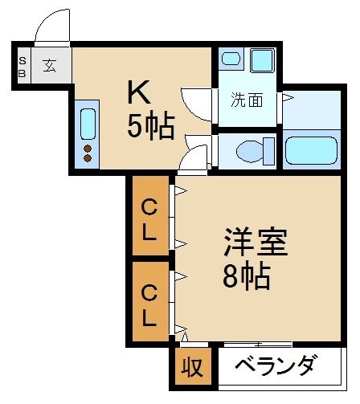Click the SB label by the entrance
22,67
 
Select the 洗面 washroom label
247,100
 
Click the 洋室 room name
255,242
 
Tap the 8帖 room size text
247,277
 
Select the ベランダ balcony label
276,367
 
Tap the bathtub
311,151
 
